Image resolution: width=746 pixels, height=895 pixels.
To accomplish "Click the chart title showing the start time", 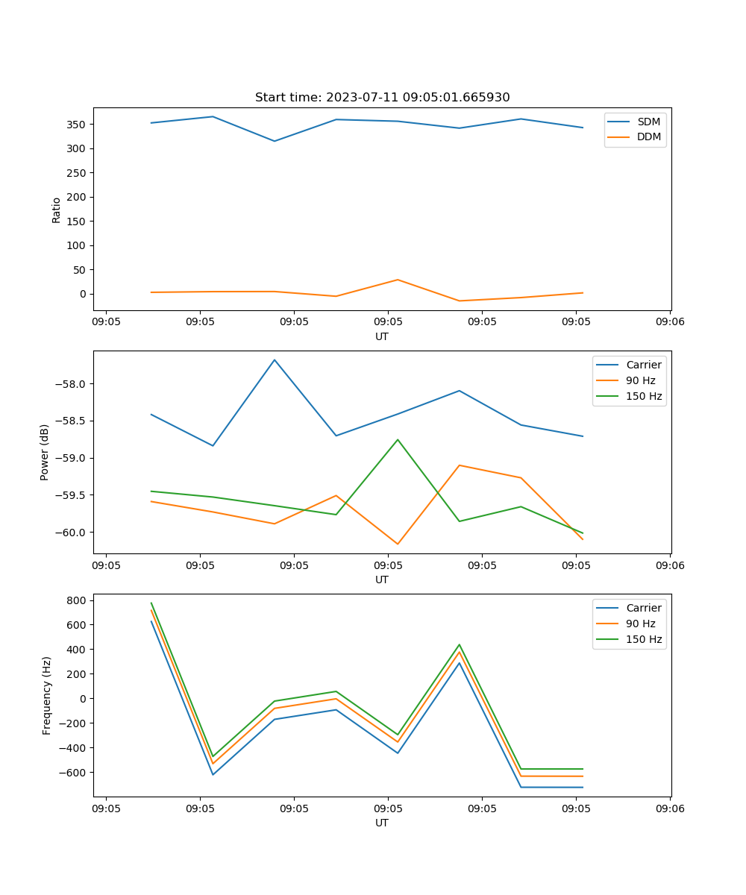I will [382, 98].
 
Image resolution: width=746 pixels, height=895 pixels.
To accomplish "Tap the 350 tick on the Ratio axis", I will [78, 125].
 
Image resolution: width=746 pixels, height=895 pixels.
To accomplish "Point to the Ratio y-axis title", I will [57, 210].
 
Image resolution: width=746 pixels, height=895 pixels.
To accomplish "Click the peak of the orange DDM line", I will [398, 280].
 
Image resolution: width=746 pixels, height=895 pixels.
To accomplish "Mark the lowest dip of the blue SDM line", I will [275, 141].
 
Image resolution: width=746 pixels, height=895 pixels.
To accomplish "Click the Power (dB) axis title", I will [45, 452].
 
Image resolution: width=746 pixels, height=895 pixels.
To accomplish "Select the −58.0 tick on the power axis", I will [73, 384].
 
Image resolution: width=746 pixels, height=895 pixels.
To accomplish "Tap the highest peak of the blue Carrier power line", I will [275, 359].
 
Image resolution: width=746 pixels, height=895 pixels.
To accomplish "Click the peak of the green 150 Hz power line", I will [398, 439].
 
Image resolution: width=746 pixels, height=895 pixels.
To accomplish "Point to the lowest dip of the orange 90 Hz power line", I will [398, 544].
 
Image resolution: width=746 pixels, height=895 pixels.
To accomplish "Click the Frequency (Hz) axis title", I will [47, 695].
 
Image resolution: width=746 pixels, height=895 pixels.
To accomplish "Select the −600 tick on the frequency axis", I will [74, 773].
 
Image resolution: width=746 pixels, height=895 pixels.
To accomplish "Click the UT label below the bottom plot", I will [382, 823].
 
